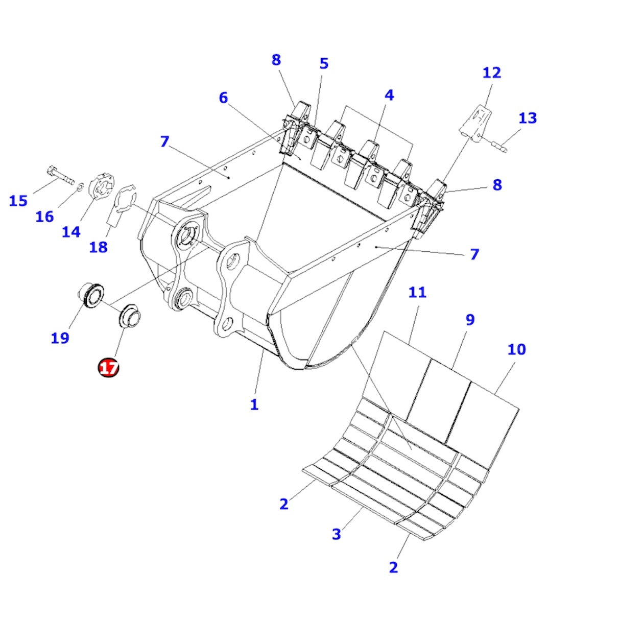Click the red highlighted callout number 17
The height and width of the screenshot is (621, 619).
pyautogui.click(x=109, y=367)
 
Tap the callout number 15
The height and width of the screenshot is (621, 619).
pyautogui.click(x=18, y=201)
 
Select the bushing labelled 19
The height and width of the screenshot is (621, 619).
pyautogui.click(x=90, y=295)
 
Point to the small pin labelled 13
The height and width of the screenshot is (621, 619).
pyautogui.click(x=499, y=146)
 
